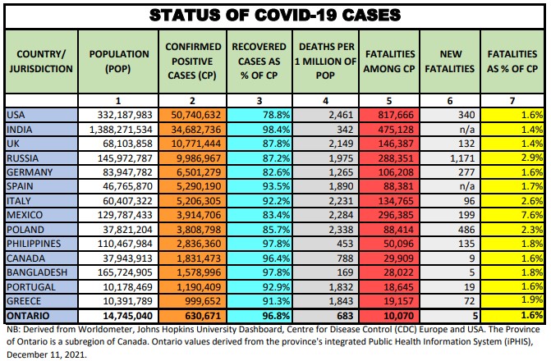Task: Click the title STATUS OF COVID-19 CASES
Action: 275,15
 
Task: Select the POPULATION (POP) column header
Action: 122,62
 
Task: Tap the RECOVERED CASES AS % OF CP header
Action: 259,62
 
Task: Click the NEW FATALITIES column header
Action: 457,62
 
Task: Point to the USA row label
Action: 16,115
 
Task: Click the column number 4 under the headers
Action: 326,100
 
